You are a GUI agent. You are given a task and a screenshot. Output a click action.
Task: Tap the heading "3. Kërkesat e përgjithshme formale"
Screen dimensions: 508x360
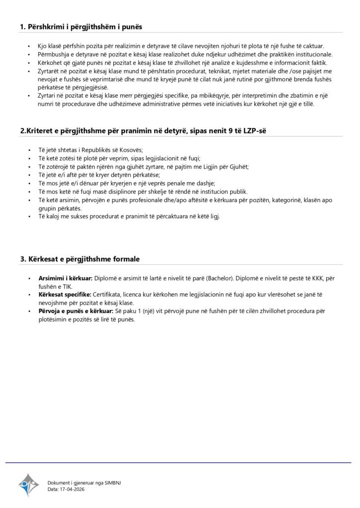(x=80, y=258)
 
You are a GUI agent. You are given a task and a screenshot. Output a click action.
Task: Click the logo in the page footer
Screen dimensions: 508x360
(x=28, y=485)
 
